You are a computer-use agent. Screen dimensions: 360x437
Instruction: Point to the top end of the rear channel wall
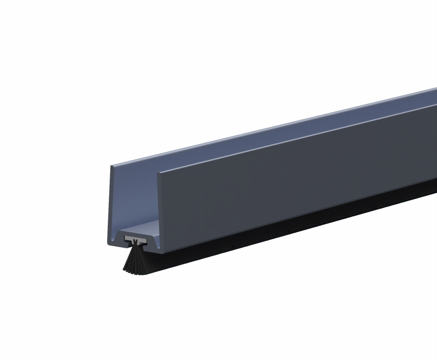click(x=112, y=167)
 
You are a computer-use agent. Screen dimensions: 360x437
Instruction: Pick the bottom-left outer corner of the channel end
click(x=109, y=244)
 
